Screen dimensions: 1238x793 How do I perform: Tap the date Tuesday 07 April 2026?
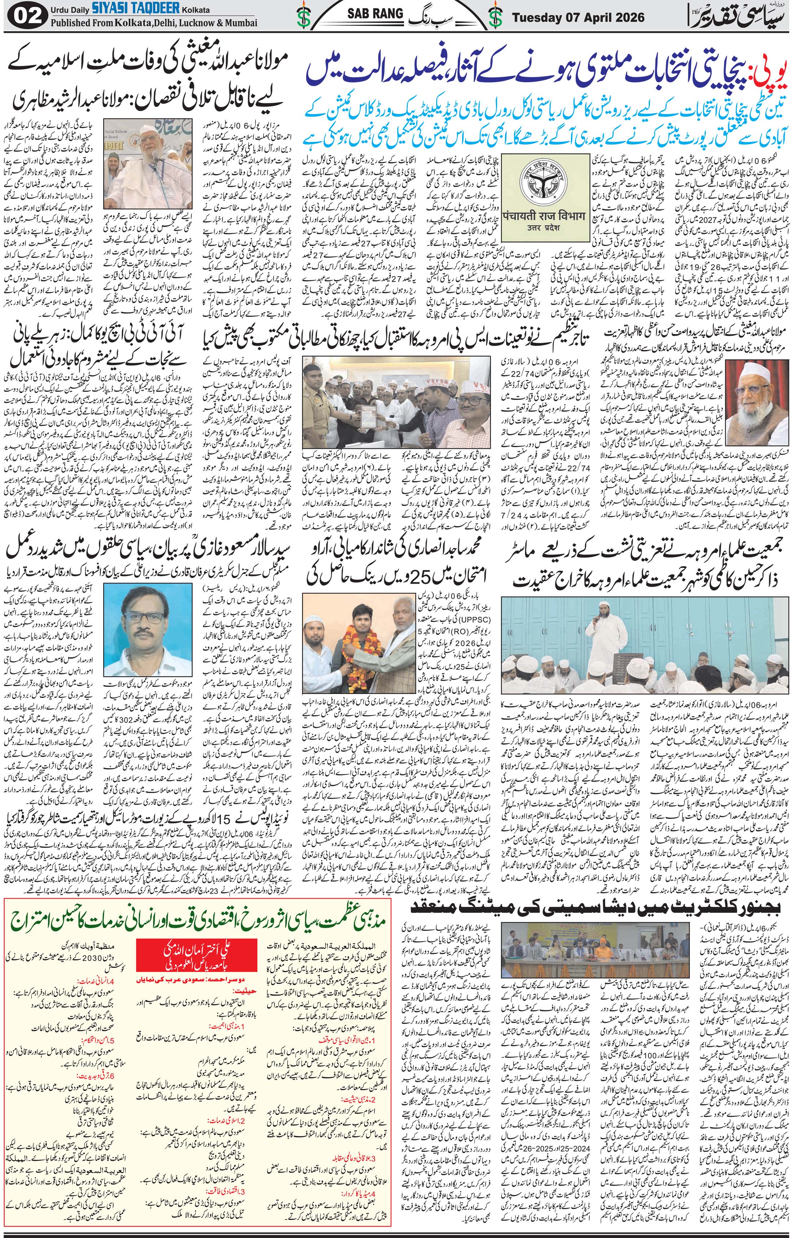point(578,17)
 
